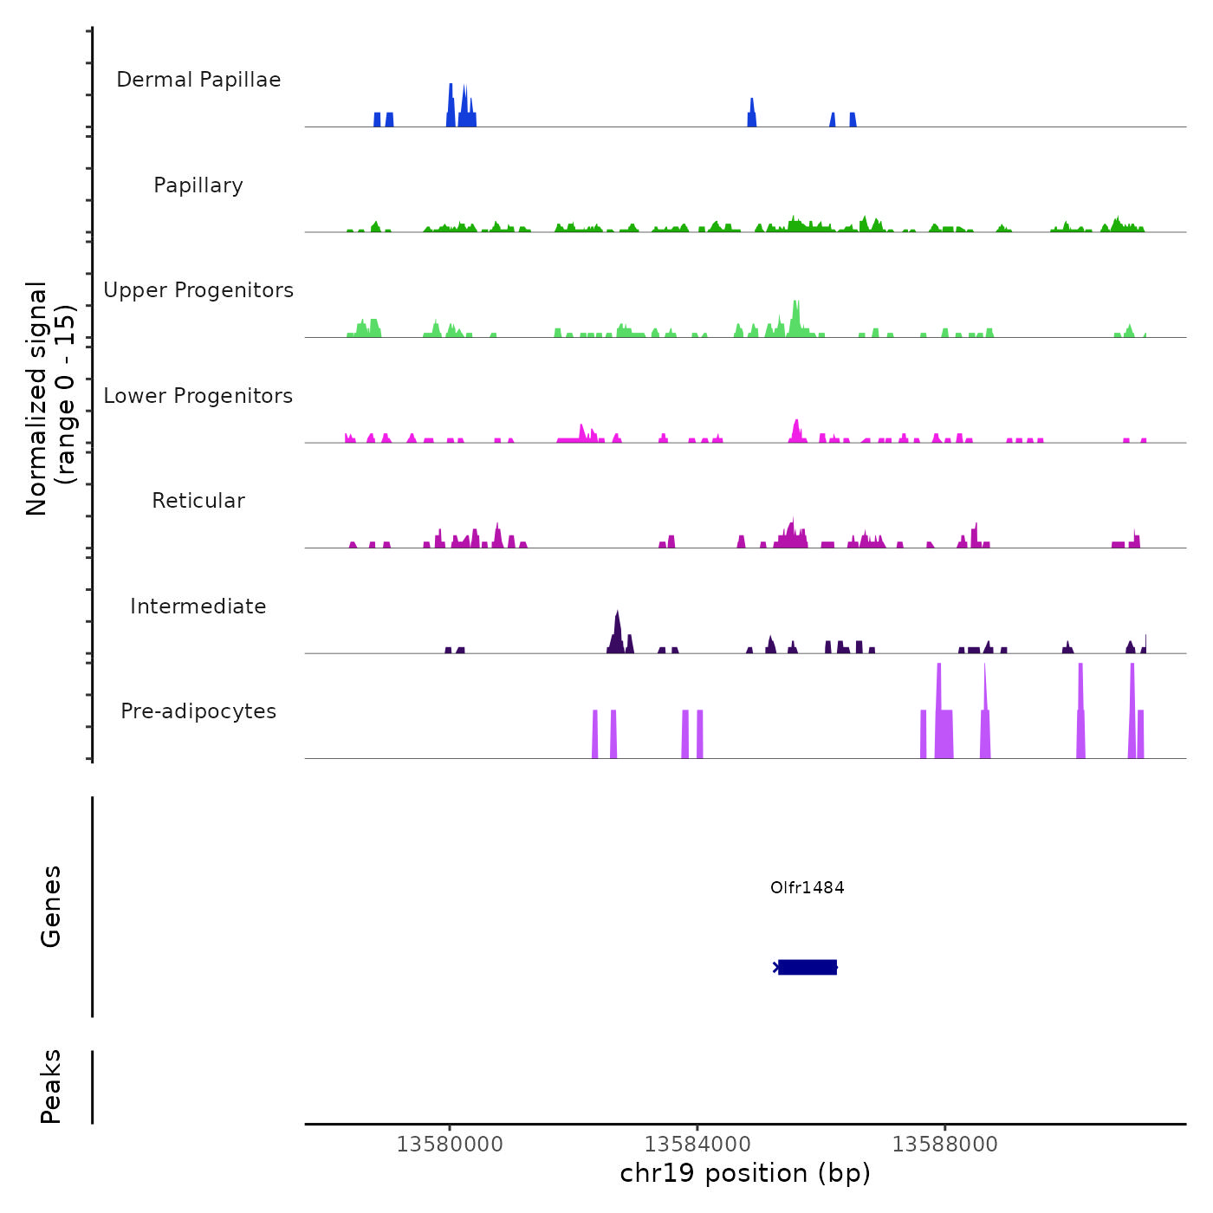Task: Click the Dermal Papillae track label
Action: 198,80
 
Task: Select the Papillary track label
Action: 198,185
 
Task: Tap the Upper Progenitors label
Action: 198,290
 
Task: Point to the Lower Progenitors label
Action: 198,396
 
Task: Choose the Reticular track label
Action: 198,501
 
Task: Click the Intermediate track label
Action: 198,606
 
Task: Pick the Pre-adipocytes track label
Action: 198,711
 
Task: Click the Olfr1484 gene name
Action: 807,887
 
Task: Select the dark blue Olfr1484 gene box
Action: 808,967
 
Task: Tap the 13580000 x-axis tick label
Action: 450,1145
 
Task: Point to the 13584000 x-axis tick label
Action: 697,1145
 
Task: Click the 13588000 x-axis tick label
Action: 945,1145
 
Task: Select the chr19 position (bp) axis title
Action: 745,1173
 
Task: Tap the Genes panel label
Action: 51,906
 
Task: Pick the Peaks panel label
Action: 51,1087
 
